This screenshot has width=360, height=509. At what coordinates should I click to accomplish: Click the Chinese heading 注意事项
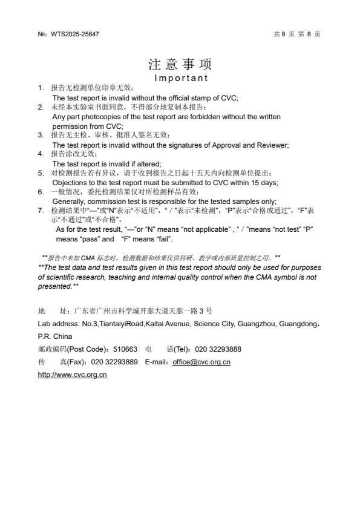click(x=180, y=65)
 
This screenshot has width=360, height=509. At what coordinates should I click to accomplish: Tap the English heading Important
click(x=181, y=78)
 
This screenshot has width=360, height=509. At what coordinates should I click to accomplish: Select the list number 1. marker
click(x=40, y=88)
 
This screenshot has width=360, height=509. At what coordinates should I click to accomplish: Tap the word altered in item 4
click(x=148, y=164)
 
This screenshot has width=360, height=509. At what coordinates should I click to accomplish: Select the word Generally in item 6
click(x=67, y=202)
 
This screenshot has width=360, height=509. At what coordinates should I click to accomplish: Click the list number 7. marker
click(x=40, y=211)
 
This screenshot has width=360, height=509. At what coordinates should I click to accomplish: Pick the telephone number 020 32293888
click(x=218, y=349)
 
